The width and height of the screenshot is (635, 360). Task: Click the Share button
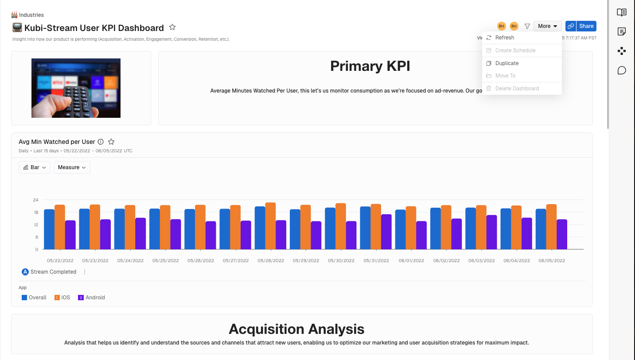586,26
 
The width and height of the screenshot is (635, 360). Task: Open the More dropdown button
547,26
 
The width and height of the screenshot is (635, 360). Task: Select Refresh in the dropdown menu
505,38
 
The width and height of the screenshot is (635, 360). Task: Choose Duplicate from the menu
507,63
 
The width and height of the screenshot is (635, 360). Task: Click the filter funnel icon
527,26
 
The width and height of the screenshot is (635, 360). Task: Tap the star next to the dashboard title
172,27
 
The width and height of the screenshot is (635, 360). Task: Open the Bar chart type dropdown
35,167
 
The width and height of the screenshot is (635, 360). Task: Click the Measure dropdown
72,167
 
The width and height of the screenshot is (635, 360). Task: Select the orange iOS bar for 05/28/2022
270,226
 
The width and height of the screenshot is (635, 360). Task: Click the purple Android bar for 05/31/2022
386,232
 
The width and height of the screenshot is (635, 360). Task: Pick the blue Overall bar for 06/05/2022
541,229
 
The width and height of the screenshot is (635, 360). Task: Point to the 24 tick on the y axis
35,200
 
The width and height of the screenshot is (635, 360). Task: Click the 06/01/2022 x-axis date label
411,261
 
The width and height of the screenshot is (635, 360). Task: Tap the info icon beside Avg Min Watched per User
101,142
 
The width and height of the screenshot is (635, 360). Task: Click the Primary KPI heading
370,66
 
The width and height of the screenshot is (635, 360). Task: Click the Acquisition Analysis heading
296,329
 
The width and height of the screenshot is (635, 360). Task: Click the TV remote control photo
76,88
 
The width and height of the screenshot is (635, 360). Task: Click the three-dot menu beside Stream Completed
85,272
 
